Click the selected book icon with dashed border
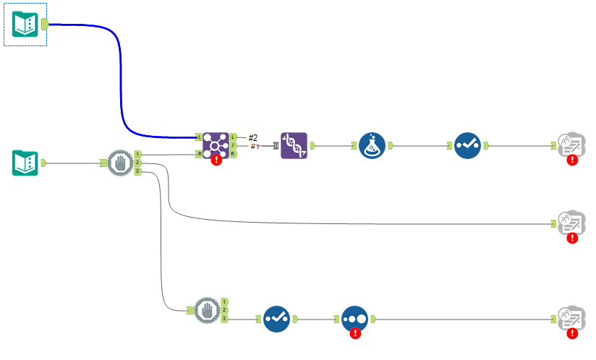25,25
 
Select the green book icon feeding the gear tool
25,162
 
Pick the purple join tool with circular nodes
216,145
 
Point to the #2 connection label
253,137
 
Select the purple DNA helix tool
294,145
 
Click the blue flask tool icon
372,145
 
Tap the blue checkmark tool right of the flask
467,145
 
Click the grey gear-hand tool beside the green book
120,163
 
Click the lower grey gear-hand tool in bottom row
208,310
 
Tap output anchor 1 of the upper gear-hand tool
137,154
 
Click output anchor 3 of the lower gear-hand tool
225,318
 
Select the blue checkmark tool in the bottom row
276,319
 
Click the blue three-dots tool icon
354,318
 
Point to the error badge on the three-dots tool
354,333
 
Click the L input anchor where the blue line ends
198,137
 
